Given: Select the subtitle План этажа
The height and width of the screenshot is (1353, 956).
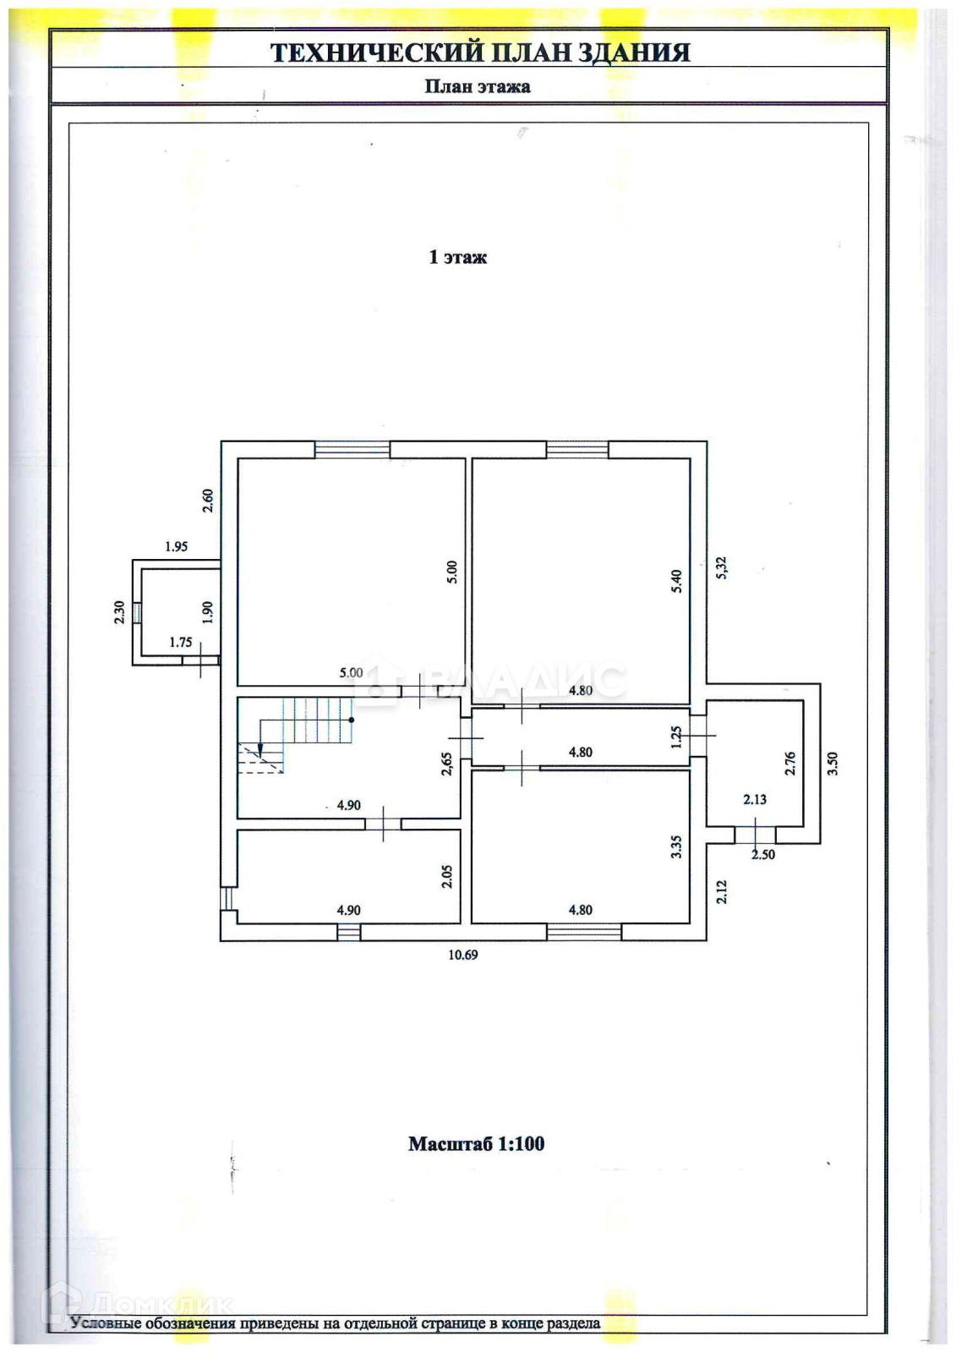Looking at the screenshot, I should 477,86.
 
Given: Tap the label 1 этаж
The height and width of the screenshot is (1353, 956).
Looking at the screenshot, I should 457,257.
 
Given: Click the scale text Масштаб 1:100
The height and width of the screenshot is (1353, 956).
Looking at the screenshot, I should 476,1143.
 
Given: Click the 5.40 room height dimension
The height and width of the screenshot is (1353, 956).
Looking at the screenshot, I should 676,581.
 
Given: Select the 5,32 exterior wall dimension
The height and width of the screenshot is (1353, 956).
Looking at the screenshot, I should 721,567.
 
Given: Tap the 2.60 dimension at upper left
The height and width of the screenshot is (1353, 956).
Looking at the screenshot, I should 208,501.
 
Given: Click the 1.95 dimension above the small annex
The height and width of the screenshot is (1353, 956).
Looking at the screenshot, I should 176,546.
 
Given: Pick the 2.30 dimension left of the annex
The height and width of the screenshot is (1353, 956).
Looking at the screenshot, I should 119,611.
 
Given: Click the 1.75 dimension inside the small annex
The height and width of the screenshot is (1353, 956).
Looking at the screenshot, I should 181,642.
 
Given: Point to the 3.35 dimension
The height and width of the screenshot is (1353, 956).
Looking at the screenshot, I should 675,848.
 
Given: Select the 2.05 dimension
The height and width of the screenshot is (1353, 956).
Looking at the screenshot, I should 447,876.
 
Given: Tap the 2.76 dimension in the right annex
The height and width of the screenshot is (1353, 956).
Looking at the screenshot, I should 790,764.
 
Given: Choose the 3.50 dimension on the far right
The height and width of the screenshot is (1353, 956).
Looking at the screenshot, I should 833,764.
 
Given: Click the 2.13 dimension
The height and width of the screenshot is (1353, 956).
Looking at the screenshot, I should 754,799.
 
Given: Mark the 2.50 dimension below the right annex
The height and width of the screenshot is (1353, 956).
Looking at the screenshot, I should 762,855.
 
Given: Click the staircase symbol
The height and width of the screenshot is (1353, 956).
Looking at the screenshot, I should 296,733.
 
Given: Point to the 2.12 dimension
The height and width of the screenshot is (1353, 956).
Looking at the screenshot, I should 721,892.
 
